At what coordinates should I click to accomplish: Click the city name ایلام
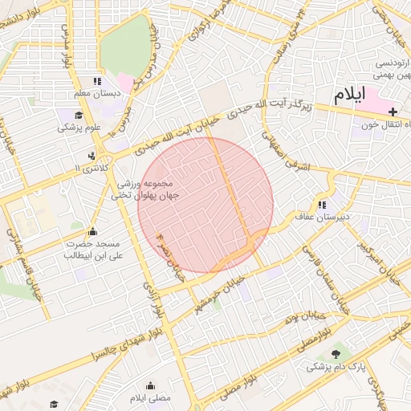[x=349, y=94]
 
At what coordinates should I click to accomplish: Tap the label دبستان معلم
[x=97, y=94]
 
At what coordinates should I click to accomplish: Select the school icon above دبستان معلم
[x=97, y=81]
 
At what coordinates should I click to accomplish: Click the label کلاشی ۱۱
[x=89, y=168]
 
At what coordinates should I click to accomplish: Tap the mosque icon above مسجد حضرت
[x=92, y=231]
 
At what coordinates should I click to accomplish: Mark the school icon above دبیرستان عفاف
[x=323, y=204]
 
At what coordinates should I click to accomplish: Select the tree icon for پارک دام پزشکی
[x=336, y=354]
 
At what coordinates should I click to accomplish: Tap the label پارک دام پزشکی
[x=336, y=367]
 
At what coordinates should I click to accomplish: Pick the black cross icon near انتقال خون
[x=393, y=111]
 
